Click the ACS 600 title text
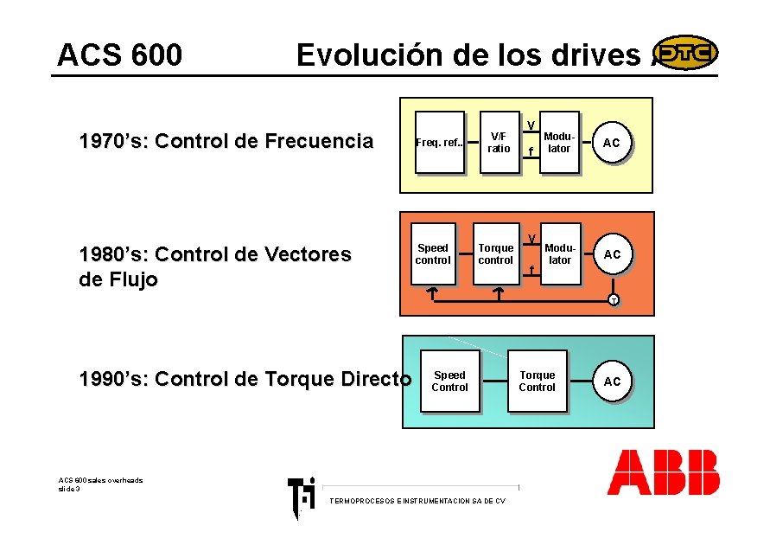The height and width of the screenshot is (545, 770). (119, 55)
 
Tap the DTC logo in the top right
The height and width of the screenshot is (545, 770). (685, 53)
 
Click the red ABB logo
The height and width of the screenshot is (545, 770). (663, 472)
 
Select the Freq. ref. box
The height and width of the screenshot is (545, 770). (440, 143)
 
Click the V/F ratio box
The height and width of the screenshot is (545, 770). (499, 143)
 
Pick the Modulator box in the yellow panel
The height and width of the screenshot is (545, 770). (559, 143)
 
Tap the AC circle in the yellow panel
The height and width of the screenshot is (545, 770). (612, 143)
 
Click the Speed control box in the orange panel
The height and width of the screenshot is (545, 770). (433, 254)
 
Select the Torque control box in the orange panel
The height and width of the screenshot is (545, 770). (495, 254)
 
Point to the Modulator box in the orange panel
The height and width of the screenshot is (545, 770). (560, 254)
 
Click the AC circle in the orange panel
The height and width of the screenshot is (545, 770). (612, 254)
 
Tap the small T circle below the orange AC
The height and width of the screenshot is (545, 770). (612, 300)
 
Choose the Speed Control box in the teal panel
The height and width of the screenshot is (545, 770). (449, 381)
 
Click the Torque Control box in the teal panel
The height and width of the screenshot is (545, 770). (537, 381)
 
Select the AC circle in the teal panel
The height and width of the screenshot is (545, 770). (612, 381)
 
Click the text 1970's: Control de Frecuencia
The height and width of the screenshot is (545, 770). (226, 142)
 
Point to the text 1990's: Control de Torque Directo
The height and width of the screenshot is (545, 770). (245, 379)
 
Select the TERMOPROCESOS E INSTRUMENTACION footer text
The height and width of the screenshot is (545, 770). (417, 501)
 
